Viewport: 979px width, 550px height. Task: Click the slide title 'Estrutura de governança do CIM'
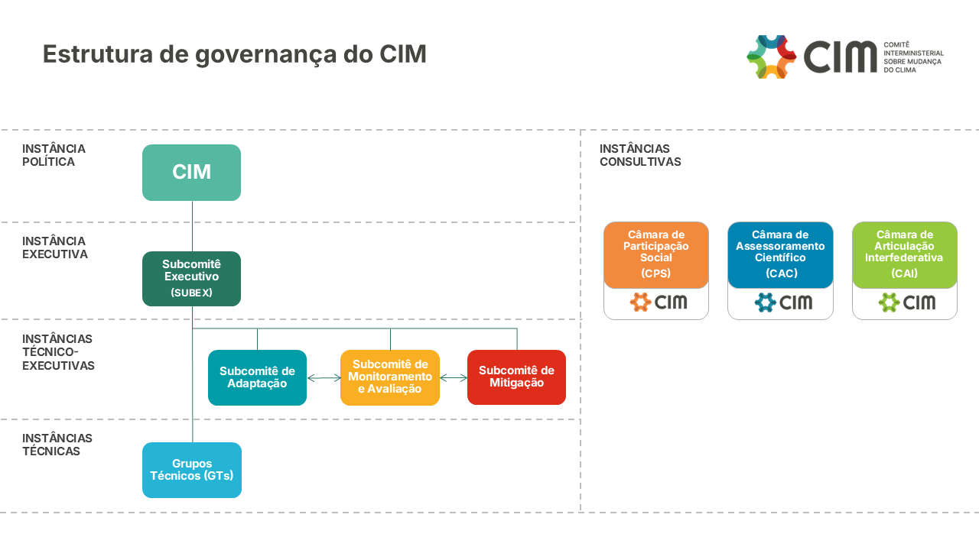[234, 55]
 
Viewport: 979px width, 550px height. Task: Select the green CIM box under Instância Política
[191, 173]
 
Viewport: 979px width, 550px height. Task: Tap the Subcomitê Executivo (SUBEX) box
[191, 279]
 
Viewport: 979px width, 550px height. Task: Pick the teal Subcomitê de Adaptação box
[257, 377]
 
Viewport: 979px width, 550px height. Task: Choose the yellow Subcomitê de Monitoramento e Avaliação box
[390, 377]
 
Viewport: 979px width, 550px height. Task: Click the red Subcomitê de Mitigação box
[516, 377]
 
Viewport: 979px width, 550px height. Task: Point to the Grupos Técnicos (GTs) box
[191, 470]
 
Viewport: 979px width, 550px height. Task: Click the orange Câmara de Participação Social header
[656, 254]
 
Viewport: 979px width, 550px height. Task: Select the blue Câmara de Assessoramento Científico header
[780, 254]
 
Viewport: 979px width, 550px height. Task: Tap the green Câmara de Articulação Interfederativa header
[904, 254]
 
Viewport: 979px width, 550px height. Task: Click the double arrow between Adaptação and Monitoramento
[324, 377]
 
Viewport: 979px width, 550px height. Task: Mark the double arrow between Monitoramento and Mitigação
[454, 377]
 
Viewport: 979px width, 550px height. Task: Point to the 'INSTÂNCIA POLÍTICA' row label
[54, 155]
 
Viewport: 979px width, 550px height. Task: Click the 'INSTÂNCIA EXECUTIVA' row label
[55, 247]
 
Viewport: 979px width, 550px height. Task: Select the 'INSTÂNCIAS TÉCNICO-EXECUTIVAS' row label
[58, 352]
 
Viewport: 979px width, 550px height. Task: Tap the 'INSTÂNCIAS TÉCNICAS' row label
[57, 445]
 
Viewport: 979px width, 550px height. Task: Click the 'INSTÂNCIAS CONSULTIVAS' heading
[640, 155]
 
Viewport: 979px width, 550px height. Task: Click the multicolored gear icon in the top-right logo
[771, 57]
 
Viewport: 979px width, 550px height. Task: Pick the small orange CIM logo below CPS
[658, 302]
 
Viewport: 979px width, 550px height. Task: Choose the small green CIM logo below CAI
[906, 302]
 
